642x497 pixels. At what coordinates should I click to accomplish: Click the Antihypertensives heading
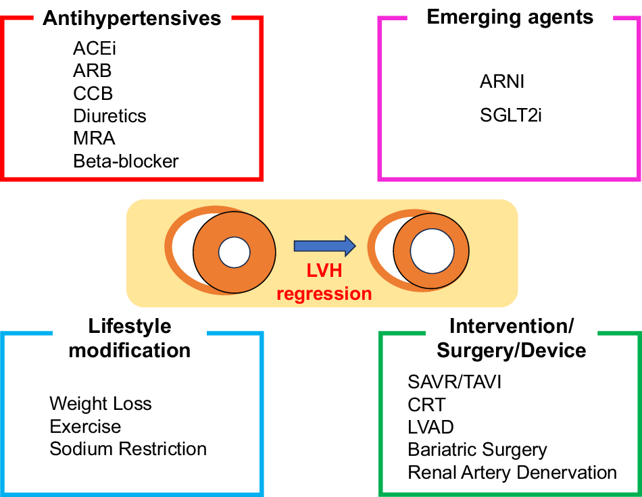[x=132, y=18]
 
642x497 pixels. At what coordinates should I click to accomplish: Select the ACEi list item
[x=90, y=49]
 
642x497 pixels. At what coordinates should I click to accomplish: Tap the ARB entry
[x=92, y=71]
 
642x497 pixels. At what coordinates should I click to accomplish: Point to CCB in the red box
[x=93, y=93]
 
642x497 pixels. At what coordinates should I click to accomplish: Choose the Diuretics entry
[x=109, y=116]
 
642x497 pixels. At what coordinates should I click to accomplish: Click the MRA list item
[x=94, y=138]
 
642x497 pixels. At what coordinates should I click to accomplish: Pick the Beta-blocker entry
[x=126, y=161]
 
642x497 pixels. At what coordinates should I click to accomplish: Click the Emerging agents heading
[x=510, y=17]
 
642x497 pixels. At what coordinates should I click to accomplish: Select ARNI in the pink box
[x=502, y=82]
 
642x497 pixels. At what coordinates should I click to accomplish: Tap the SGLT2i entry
[x=511, y=116]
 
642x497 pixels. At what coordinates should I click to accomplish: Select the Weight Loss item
[x=101, y=404]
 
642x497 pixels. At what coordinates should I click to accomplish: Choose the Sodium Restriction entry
[x=128, y=449]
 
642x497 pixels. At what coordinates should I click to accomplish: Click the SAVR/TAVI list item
[x=454, y=383]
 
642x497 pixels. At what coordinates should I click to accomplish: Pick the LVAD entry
[x=430, y=427]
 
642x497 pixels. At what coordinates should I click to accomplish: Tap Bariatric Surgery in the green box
[x=477, y=450]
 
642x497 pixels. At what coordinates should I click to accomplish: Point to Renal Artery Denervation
[x=512, y=473]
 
